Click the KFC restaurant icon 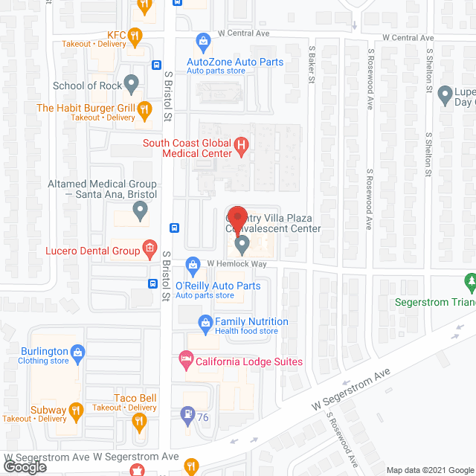click(134, 35)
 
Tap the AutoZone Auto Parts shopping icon click(202, 40)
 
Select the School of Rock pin click(132, 86)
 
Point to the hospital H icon click(241, 147)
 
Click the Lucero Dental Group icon click(149, 248)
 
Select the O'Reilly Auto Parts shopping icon click(193, 264)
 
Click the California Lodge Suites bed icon click(185, 361)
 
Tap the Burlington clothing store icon click(77, 352)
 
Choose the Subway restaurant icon click(75, 410)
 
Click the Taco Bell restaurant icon click(138, 422)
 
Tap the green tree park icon click(470, 281)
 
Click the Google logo click(24, 466)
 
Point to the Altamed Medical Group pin click(140, 212)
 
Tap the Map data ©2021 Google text click(428, 469)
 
